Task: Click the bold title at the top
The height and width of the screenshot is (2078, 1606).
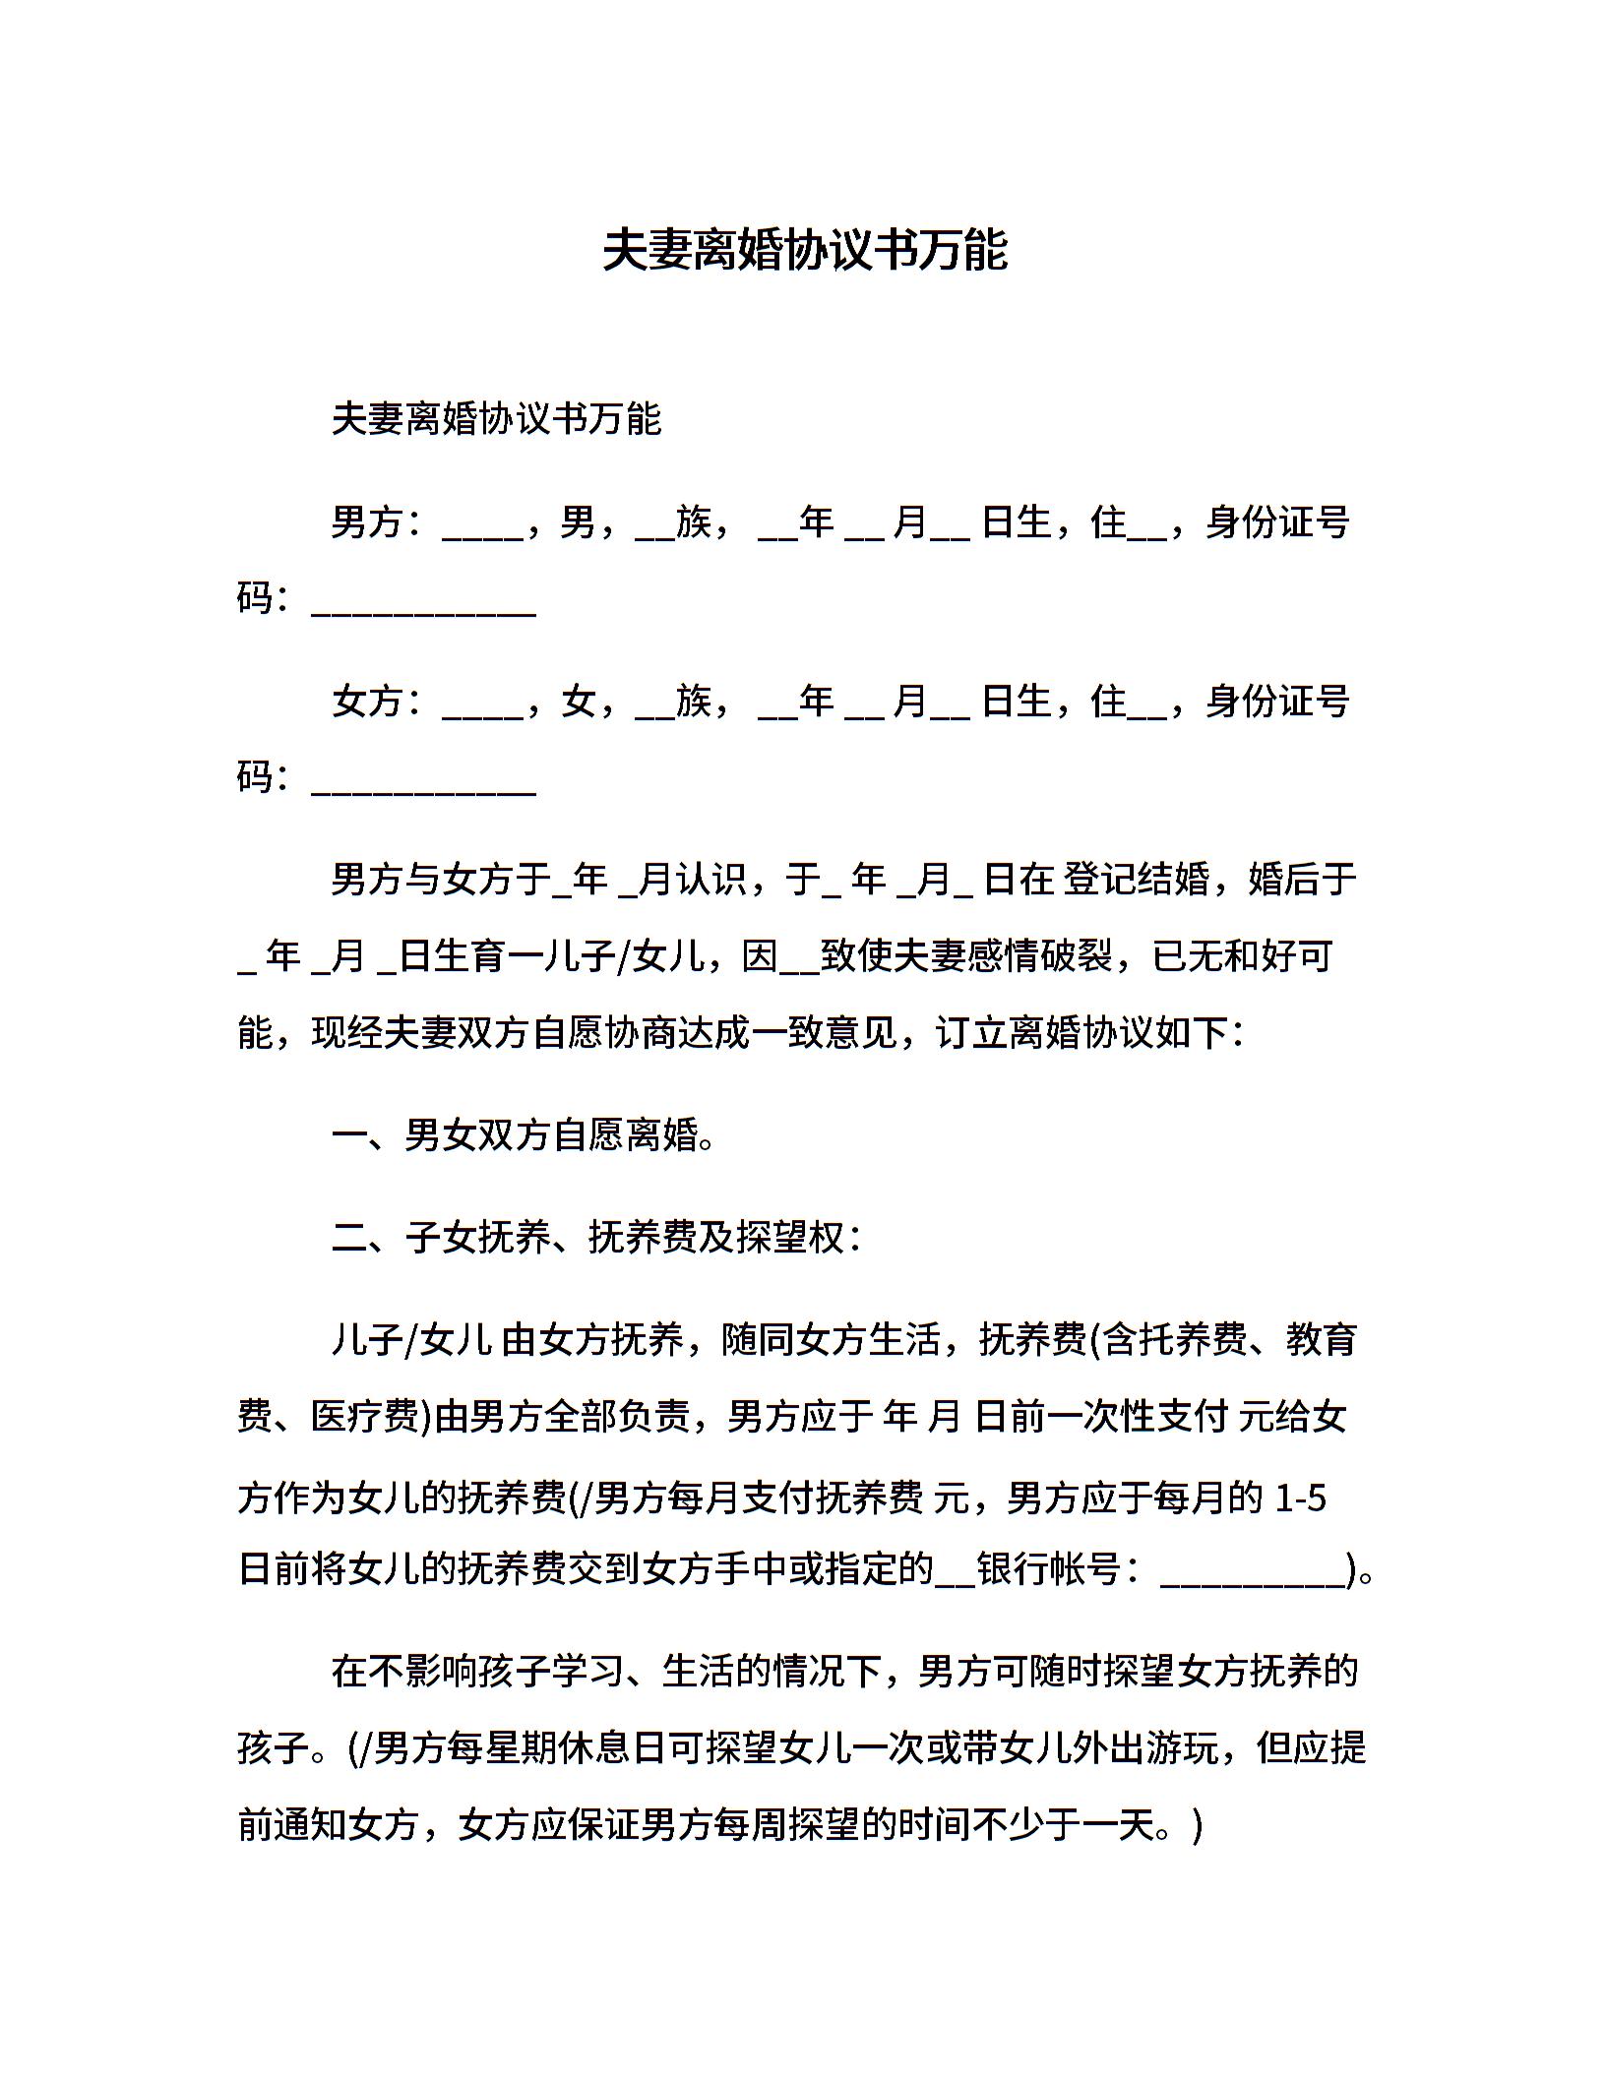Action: (x=804, y=251)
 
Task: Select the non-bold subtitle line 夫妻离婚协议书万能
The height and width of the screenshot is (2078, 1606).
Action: (x=496, y=419)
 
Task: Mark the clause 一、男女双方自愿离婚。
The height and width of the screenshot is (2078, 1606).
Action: (x=525, y=1135)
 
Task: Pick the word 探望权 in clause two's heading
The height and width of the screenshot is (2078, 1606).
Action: (x=791, y=1238)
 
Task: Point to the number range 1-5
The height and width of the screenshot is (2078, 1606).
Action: (x=1300, y=1498)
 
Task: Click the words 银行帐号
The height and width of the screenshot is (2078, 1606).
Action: (x=1049, y=1570)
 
